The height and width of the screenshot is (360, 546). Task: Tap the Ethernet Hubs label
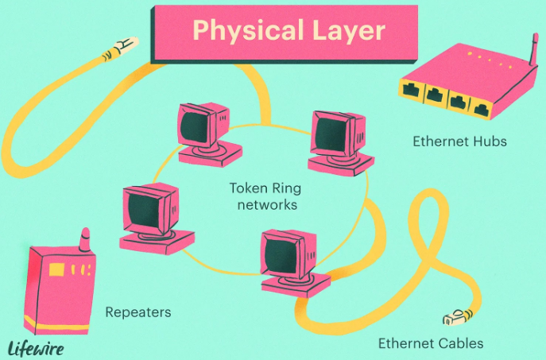(449, 141)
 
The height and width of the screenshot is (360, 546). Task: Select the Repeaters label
(138, 312)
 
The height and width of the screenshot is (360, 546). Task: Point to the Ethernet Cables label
(430, 344)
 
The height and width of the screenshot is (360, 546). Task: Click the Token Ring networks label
(263, 196)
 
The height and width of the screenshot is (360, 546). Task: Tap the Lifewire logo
(35, 347)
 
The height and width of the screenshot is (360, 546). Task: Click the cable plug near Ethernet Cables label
(454, 319)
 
